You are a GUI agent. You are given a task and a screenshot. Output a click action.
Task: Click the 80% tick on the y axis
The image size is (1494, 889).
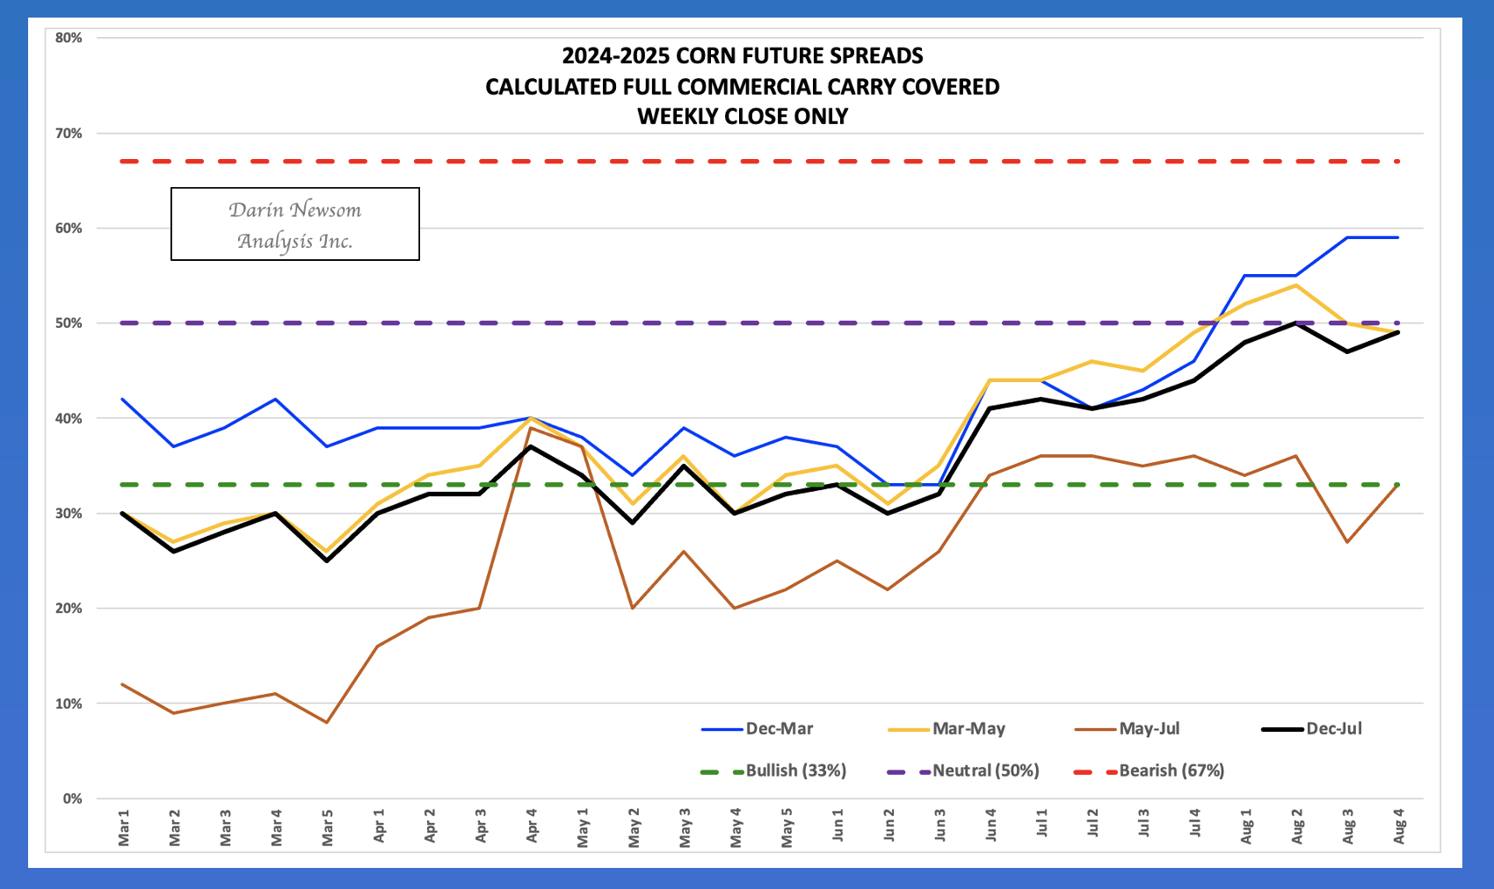[x=69, y=38]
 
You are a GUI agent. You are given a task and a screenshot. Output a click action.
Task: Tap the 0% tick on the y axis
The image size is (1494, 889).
[x=72, y=799]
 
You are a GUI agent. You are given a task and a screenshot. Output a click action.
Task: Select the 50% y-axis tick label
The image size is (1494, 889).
[x=69, y=323]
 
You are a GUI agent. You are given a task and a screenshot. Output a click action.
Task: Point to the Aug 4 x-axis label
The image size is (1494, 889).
[x=1399, y=831]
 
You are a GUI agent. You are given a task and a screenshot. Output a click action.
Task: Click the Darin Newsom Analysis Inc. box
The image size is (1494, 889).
[x=295, y=224]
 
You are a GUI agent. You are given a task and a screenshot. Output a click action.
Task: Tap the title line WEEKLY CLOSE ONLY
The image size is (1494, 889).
[x=743, y=117]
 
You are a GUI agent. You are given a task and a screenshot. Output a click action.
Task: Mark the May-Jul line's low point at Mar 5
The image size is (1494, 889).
[x=327, y=722]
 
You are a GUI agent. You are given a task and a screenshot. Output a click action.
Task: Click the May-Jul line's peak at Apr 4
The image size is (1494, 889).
[x=531, y=428]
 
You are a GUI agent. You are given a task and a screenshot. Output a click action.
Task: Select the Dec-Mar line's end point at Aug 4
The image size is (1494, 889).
[x=1397, y=238]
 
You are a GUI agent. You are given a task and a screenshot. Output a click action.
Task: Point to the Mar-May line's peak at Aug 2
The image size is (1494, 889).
[x=1295, y=285]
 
